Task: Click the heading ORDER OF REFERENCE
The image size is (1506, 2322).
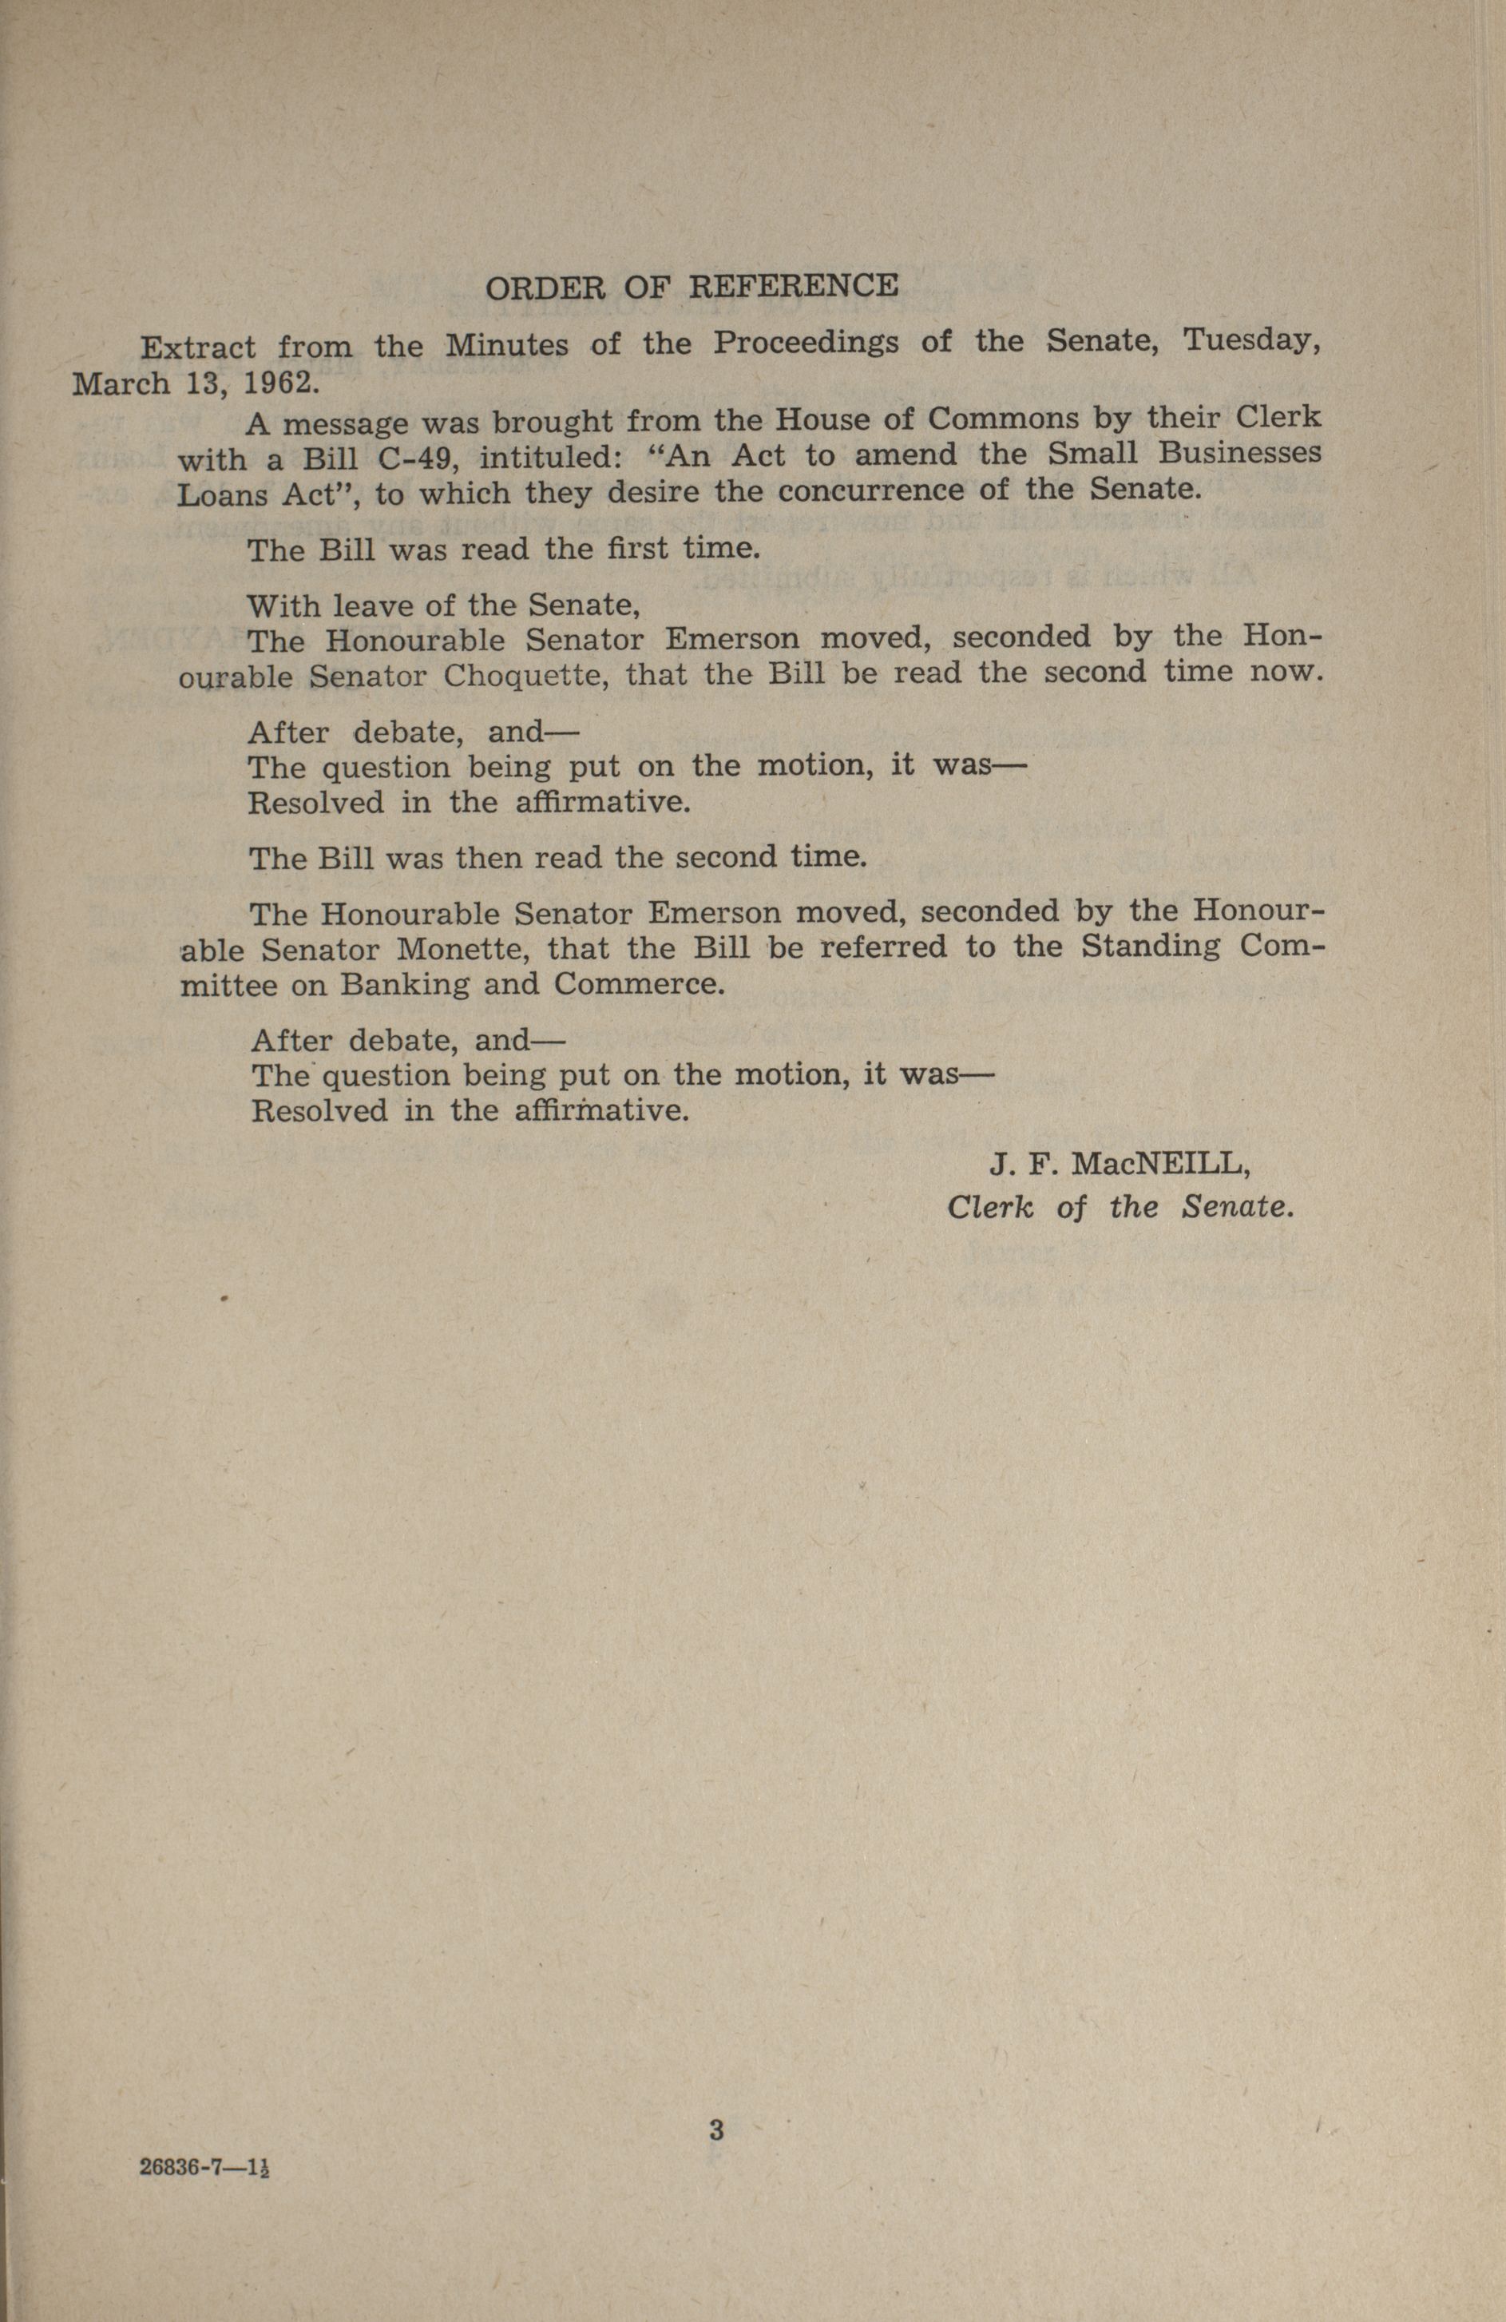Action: point(692,287)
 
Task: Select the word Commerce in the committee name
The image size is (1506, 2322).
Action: point(638,983)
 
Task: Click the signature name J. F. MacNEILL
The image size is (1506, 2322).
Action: point(1120,1164)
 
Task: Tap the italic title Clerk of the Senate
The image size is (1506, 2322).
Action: point(1120,1208)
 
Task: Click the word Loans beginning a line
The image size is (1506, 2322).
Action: point(221,494)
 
